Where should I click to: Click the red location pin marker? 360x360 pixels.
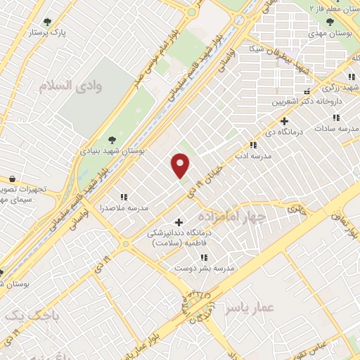click(181, 165)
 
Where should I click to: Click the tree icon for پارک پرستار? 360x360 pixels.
click(48, 22)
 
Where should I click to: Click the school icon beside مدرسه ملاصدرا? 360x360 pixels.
click(124, 198)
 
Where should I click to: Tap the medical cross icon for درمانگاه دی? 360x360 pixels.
click(284, 121)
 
